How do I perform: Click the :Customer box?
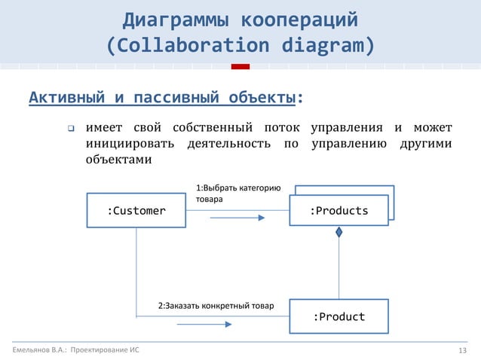(136, 211)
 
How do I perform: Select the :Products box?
(339, 211)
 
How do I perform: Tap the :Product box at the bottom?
(339, 316)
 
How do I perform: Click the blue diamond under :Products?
(339, 233)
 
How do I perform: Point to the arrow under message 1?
(237, 218)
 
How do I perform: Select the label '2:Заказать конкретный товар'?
(216, 307)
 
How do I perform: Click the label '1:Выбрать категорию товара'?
(237, 194)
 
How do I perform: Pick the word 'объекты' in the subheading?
(265, 98)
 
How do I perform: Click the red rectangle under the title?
(240, 67)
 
